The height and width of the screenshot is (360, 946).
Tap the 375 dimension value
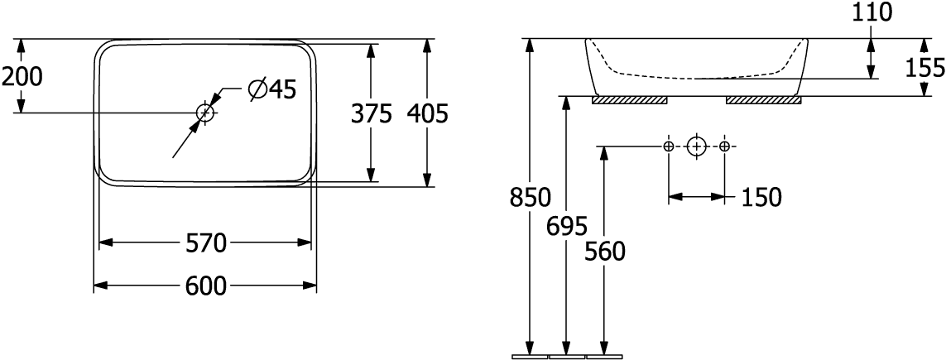tap(371, 114)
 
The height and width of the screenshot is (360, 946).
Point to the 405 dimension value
tap(428, 114)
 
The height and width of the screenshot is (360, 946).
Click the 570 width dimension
tap(206, 244)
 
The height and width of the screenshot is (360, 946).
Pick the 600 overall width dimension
tap(206, 286)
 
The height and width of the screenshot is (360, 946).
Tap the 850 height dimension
tap(530, 199)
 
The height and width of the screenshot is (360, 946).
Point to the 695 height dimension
tap(567, 225)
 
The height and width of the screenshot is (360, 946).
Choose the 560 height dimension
tap(604, 252)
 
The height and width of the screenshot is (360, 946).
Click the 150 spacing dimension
tap(761, 199)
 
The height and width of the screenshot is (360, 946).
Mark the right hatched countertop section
tap(763, 100)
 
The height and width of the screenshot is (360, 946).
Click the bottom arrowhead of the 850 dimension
tap(530, 348)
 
